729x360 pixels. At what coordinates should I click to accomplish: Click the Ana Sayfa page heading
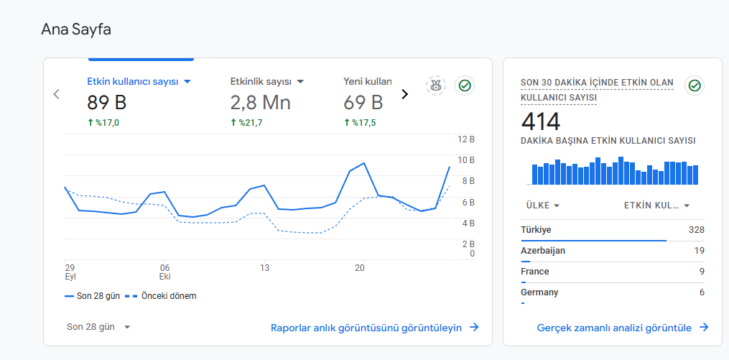pyautogui.click(x=76, y=29)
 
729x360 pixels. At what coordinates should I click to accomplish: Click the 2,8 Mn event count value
pyautogui.click(x=260, y=102)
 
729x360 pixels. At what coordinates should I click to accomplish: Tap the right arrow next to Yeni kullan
pyautogui.click(x=404, y=94)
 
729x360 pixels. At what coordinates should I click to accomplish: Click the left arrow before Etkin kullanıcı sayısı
pyautogui.click(x=56, y=94)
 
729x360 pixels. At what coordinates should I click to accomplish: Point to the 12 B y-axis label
pyautogui.click(x=465, y=139)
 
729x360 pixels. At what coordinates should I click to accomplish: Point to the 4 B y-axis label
pyautogui.click(x=468, y=223)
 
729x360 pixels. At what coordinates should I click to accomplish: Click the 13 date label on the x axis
pyautogui.click(x=264, y=268)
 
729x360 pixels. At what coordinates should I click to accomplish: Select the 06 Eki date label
pyautogui.click(x=165, y=272)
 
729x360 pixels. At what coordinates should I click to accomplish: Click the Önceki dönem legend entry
pyautogui.click(x=160, y=296)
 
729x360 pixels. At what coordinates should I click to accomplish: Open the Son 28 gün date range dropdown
pyautogui.click(x=98, y=327)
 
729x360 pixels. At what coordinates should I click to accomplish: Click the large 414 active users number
pyautogui.click(x=541, y=122)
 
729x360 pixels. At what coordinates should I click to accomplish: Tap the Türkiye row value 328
pyautogui.click(x=697, y=230)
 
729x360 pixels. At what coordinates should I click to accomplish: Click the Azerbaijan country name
pyautogui.click(x=543, y=251)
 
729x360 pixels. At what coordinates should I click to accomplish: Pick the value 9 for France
pyautogui.click(x=702, y=272)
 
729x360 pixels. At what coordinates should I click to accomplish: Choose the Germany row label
pyautogui.click(x=539, y=292)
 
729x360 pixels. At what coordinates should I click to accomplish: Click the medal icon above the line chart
pyautogui.click(x=436, y=86)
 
